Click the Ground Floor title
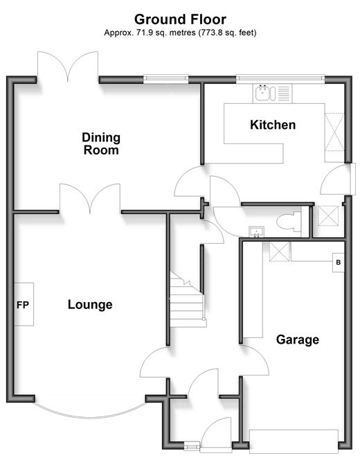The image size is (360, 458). click(x=180, y=19)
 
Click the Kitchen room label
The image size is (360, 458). click(x=273, y=125)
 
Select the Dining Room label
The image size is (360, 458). click(x=101, y=143)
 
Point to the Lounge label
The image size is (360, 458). click(x=90, y=305)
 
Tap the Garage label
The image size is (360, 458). click(x=298, y=340)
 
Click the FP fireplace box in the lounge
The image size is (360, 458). click(x=24, y=304)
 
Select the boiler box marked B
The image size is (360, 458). click(x=339, y=263)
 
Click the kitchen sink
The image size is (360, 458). click(x=265, y=93)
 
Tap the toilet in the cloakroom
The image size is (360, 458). click(x=289, y=222)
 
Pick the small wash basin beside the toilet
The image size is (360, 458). click(x=256, y=231)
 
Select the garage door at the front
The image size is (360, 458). click(x=294, y=441)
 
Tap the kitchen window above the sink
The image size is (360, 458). click(x=280, y=78)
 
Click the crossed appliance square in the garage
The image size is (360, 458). click(x=280, y=252)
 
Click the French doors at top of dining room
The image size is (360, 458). click(x=68, y=67)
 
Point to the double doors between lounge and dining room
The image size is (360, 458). click(x=90, y=198)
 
